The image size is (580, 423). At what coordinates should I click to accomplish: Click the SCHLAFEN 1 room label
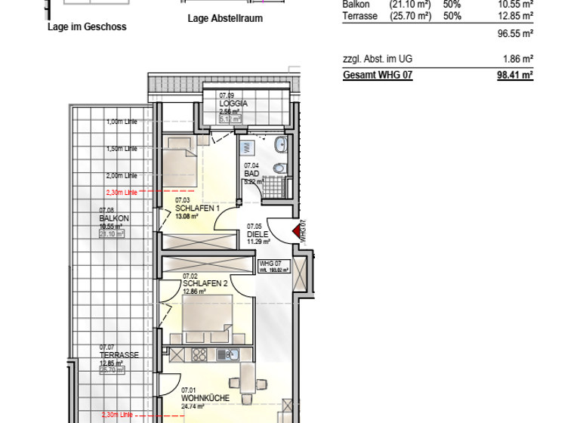pyautogui.click(x=197, y=208)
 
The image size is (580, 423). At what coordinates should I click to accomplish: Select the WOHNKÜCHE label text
pyautogui.click(x=205, y=397)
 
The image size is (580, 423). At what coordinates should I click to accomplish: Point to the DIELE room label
pyautogui.click(x=258, y=234)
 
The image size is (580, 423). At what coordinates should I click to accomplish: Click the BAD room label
pyautogui.click(x=251, y=173)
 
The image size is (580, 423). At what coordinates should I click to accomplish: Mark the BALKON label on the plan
pyautogui.click(x=114, y=218)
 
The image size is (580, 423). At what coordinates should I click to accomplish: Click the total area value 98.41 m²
pyautogui.click(x=515, y=76)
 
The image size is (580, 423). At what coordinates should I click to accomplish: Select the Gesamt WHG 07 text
pyautogui.click(x=378, y=76)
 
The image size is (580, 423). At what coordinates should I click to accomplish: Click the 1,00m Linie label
pyautogui.click(x=122, y=122)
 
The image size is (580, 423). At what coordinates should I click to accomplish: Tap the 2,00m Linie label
pyautogui.click(x=122, y=175)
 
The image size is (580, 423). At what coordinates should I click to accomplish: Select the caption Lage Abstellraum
pyautogui.click(x=225, y=19)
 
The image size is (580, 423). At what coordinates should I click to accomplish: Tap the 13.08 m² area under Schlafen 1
pyautogui.click(x=187, y=216)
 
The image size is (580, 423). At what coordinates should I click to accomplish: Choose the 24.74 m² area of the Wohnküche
pyautogui.click(x=193, y=406)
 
